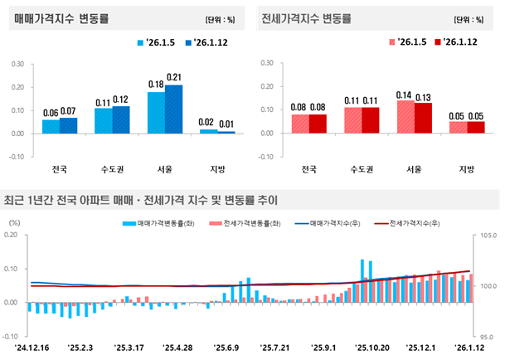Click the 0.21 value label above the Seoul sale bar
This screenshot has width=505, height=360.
point(174,78)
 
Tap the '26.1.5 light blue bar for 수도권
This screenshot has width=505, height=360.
point(104,120)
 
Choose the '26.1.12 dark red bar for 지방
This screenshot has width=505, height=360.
point(475,127)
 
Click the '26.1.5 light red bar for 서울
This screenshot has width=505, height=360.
point(405,116)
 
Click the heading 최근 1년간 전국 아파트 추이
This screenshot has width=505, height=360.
point(140,199)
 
